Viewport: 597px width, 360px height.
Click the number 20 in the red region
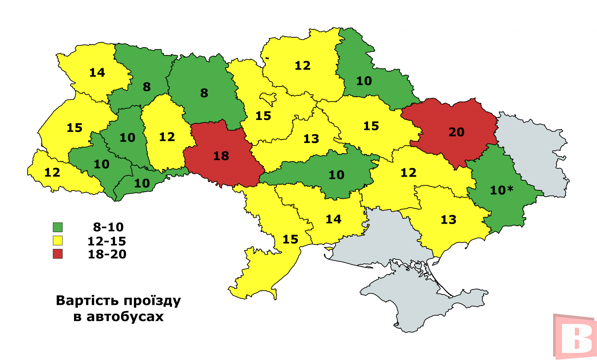pyautogui.click(x=456, y=132)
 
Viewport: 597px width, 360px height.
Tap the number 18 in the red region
pyautogui.click(x=221, y=156)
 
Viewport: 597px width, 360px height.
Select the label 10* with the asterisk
pyautogui.click(x=501, y=191)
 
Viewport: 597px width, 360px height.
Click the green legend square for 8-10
pyautogui.click(x=58, y=227)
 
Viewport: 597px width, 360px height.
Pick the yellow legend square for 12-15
pyautogui.click(x=58, y=241)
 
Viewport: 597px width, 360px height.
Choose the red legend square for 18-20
pyautogui.click(x=58, y=254)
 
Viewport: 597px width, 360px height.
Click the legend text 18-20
pyautogui.click(x=107, y=254)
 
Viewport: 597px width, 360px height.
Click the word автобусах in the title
pyautogui.click(x=125, y=317)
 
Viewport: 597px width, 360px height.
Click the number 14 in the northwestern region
pyautogui.click(x=97, y=73)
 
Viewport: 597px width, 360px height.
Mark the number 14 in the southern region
pyautogui.click(x=333, y=219)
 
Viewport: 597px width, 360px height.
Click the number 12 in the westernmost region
pyautogui.click(x=52, y=173)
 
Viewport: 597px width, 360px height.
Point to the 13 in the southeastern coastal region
pyautogui.click(x=448, y=220)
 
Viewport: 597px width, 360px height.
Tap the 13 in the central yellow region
pyautogui.click(x=311, y=139)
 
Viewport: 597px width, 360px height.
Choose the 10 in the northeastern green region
pyautogui.click(x=364, y=81)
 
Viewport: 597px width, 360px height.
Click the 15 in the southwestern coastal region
pyautogui.click(x=290, y=240)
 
